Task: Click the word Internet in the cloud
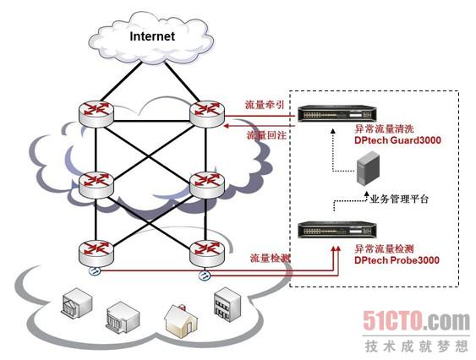(x=152, y=36)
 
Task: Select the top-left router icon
(x=96, y=113)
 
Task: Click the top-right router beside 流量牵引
(x=207, y=113)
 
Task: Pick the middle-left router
(x=96, y=184)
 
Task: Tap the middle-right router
(x=207, y=184)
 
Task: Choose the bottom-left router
(x=96, y=253)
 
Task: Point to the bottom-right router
(x=207, y=253)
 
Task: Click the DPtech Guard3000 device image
(x=336, y=114)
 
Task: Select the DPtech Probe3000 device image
(x=336, y=230)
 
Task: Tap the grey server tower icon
(x=368, y=168)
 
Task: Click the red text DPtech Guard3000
(x=397, y=140)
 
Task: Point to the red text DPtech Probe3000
(x=397, y=260)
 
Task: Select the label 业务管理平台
(x=399, y=199)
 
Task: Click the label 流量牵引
(x=265, y=105)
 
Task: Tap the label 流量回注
(x=266, y=135)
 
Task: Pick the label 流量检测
(x=270, y=259)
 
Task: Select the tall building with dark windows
(x=227, y=304)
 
